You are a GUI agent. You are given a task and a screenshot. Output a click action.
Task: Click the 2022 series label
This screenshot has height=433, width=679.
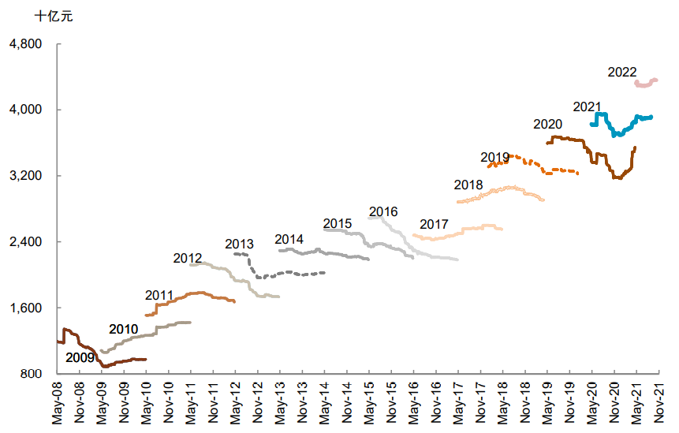tap(622, 72)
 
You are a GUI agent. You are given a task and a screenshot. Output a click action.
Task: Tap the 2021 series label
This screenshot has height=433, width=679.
tap(587, 106)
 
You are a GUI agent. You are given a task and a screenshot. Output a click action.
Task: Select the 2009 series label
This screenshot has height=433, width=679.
tap(80, 357)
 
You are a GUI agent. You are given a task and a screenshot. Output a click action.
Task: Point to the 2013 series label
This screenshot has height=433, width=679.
tap(239, 244)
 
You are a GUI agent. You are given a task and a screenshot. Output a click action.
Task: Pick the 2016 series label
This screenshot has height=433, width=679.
tap(383, 211)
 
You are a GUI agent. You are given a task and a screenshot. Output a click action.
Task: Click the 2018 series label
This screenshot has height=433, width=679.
tap(468, 185)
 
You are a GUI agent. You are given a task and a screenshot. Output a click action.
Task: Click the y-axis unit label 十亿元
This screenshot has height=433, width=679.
tap(53, 16)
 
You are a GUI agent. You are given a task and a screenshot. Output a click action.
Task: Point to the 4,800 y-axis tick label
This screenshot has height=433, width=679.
tap(24, 43)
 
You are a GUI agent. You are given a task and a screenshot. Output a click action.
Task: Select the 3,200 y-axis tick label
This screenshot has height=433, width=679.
tap(24, 175)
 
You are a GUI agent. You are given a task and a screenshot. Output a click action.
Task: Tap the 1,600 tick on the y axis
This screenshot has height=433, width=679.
tap(24, 308)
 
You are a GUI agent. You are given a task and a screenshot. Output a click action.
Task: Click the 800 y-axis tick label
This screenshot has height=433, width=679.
tap(31, 373)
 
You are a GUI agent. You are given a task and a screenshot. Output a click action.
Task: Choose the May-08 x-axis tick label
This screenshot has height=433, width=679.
tap(57, 403)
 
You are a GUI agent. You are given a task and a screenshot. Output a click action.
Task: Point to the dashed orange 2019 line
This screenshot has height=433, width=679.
tap(544, 167)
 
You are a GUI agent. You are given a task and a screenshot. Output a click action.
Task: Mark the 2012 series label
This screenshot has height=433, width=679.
tap(188, 258)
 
